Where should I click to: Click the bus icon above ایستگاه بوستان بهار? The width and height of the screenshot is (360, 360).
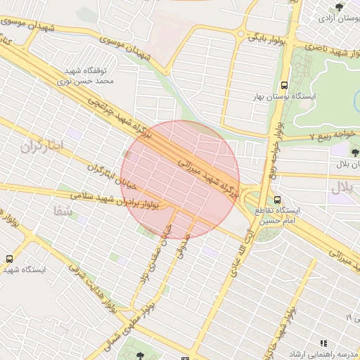284,84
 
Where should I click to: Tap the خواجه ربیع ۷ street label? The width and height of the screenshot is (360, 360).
333,134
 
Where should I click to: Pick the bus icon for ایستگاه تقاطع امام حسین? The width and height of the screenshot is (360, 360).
278,200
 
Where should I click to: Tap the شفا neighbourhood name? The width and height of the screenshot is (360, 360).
63,209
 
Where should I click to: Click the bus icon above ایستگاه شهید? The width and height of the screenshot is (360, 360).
9,259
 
